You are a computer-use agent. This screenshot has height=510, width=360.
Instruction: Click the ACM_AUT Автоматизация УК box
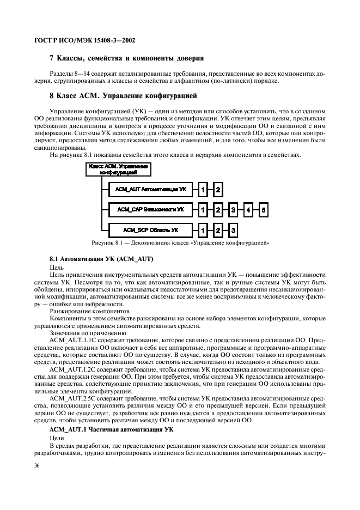pyautogui.click(x=148, y=190)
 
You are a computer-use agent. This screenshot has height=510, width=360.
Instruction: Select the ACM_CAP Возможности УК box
pyautogui.click(x=148, y=209)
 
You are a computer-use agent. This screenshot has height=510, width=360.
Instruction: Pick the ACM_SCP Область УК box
pyautogui.click(x=148, y=229)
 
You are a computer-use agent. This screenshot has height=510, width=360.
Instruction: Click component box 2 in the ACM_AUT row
pyautogui.click(x=218, y=190)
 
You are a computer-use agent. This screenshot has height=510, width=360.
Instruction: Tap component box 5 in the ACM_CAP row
pyautogui.click(x=264, y=209)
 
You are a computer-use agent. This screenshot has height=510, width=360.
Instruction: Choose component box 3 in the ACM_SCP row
pyautogui.click(x=233, y=229)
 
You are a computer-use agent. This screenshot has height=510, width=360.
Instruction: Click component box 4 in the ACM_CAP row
pyautogui.click(x=248, y=209)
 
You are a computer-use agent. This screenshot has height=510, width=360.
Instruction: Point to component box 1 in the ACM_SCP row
pyautogui.click(x=203, y=229)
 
